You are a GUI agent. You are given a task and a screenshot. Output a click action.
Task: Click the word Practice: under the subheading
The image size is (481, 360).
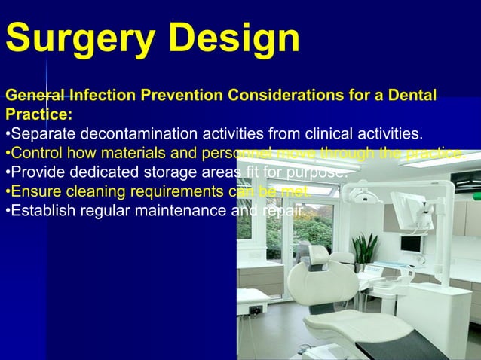point(39,115)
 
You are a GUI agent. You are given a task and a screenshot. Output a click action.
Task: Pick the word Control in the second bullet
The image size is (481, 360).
point(39,154)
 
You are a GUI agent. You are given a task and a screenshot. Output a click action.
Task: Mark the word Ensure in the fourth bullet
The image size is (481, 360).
point(36,191)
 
